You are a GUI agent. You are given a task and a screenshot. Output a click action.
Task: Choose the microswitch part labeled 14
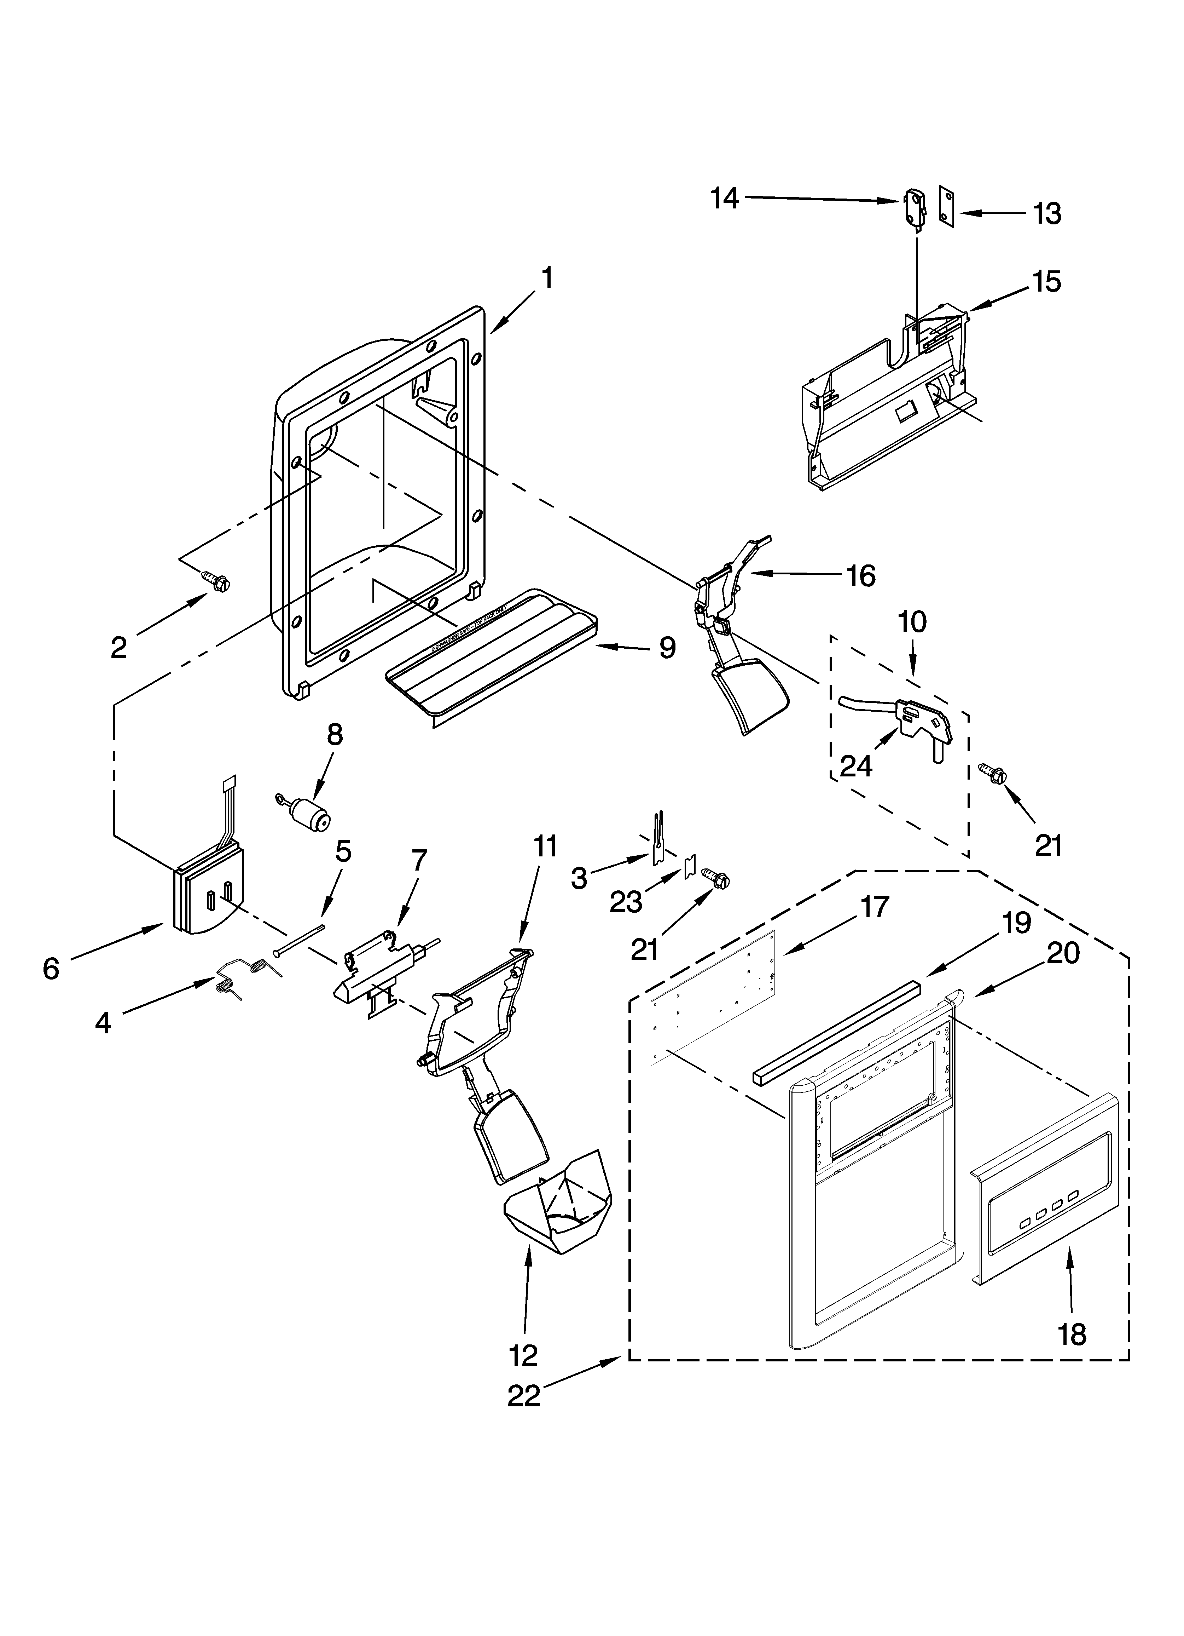(x=913, y=208)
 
